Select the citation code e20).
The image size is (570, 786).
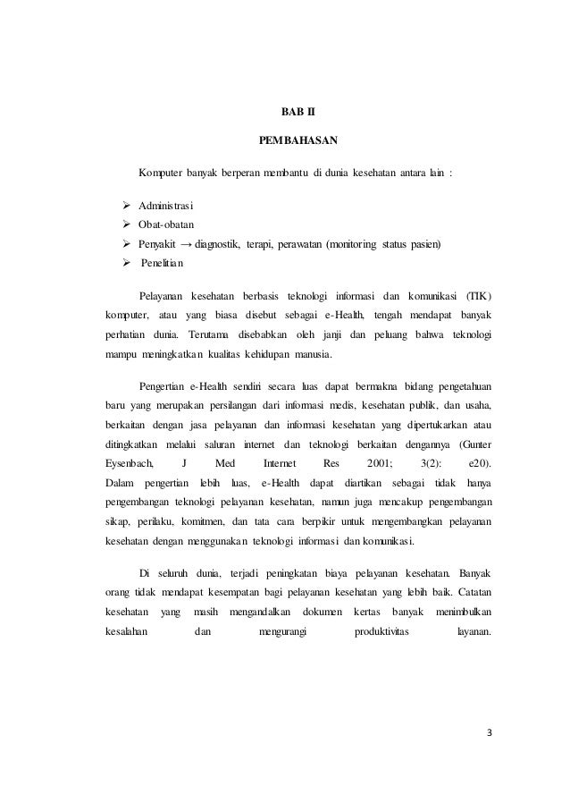pyautogui.click(x=480, y=463)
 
